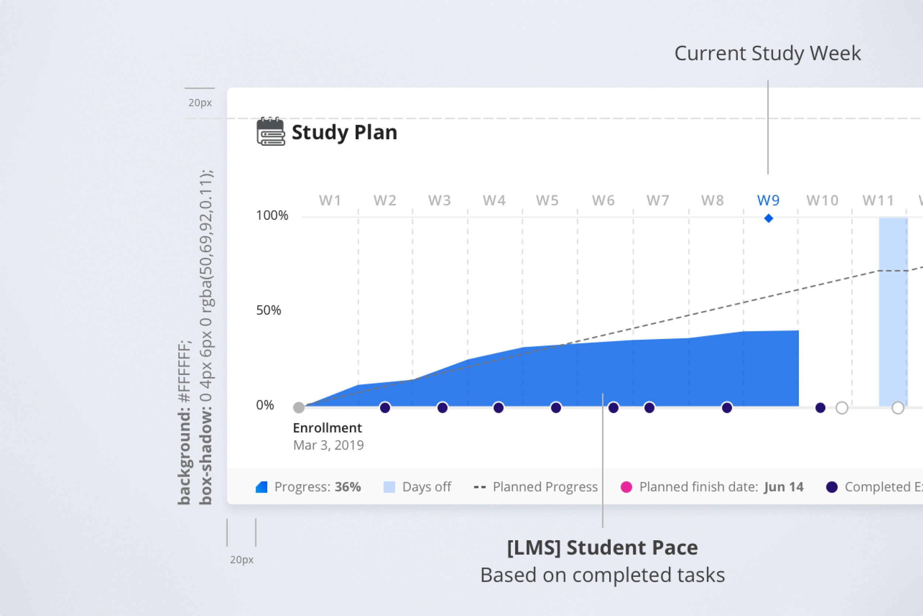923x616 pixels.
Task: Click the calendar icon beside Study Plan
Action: click(x=271, y=131)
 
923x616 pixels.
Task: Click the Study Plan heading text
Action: click(x=344, y=132)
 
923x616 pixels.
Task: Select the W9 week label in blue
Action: click(x=768, y=201)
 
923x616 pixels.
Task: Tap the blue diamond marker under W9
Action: click(x=769, y=218)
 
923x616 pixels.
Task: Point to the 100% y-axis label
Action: click(x=272, y=215)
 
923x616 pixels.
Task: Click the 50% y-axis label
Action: click(x=268, y=310)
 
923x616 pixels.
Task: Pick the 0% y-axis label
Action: click(x=265, y=405)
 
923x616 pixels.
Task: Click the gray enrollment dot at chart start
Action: click(x=299, y=408)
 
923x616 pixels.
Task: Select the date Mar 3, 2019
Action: click(x=328, y=445)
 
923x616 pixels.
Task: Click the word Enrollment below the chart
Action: click(x=327, y=428)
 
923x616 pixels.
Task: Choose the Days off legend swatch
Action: click(x=389, y=487)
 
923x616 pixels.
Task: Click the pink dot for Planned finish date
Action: click(x=626, y=487)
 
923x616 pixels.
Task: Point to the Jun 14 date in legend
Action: click(x=783, y=487)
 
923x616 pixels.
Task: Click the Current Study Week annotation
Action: click(x=768, y=54)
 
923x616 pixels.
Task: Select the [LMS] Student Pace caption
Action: click(x=602, y=548)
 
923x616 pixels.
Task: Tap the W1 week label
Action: click(x=330, y=201)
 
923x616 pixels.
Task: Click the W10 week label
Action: click(x=823, y=201)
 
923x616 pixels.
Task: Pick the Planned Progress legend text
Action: click(x=545, y=487)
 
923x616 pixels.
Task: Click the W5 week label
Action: click(x=547, y=201)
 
